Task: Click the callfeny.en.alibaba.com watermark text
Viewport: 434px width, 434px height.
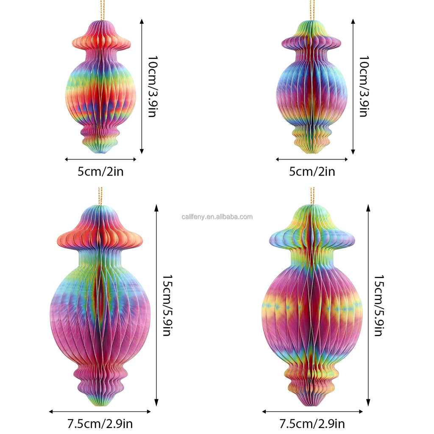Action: pos(217,217)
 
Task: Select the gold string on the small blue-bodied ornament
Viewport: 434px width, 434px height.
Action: pos(312,8)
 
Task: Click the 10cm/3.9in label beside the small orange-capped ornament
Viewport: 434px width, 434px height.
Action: pos(151,86)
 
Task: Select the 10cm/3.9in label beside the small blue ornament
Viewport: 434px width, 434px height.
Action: pos(363,86)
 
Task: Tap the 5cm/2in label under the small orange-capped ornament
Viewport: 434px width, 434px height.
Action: pos(101,172)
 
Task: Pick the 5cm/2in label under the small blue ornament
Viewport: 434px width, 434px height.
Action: pos(312,172)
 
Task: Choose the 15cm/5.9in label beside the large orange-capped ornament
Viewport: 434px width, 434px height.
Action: pos(166,305)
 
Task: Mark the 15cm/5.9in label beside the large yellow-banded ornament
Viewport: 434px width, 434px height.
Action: pos(378,305)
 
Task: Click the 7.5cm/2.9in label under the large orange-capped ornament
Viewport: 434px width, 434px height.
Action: pos(100,423)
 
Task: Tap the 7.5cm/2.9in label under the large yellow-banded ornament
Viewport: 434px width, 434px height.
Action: pos(312,423)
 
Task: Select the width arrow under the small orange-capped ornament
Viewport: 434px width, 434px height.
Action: pos(101,159)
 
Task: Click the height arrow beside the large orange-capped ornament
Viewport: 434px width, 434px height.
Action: pos(156,305)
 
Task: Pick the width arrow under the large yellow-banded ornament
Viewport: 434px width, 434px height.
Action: pos(312,412)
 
